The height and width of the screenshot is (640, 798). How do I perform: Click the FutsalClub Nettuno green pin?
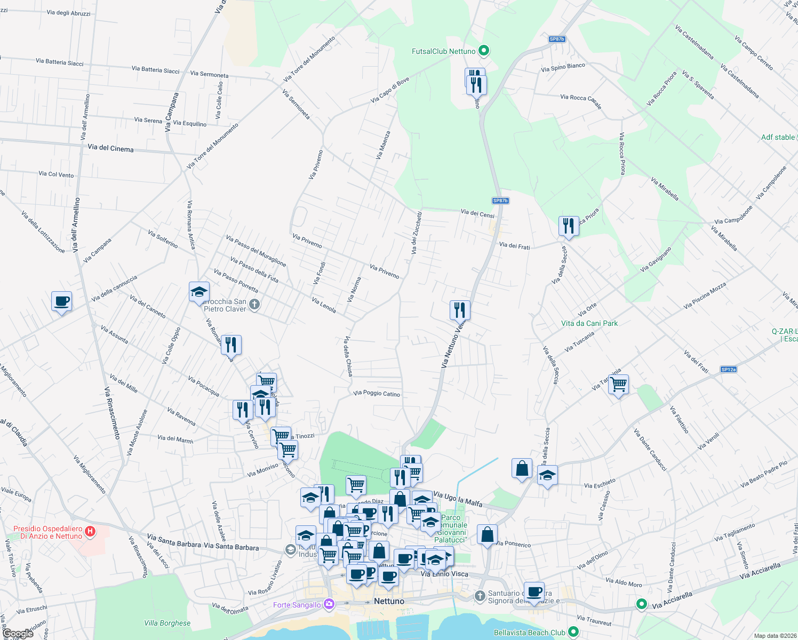pyautogui.click(x=484, y=51)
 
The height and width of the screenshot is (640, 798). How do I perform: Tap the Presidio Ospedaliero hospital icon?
pyautogui.click(x=90, y=531)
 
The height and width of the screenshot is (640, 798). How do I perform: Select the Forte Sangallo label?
pyautogui.click(x=297, y=605)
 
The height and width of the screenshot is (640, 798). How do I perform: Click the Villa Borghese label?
pyautogui.click(x=167, y=623)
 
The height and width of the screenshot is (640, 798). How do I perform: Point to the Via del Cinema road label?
pyautogui.click(x=110, y=148)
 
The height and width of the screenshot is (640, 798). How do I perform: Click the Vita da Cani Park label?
pyautogui.click(x=589, y=323)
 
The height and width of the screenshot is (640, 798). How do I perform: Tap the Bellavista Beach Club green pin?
pyautogui.click(x=573, y=632)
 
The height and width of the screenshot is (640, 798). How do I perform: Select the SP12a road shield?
pyautogui.click(x=728, y=370)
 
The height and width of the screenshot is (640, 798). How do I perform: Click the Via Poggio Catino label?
pyautogui.click(x=377, y=394)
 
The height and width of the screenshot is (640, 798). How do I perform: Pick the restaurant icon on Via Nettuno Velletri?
pyautogui.click(x=459, y=309)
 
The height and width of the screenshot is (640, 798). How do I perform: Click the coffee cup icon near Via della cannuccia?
pyautogui.click(x=62, y=301)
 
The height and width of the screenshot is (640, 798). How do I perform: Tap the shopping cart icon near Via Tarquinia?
pyautogui.click(x=618, y=384)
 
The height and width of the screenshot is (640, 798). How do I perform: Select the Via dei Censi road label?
pyautogui.click(x=477, y=214)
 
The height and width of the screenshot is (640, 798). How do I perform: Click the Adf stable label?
pyautogui.click(x=778, y=137)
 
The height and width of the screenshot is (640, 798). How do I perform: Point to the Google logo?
pyautogui.click(x=18, y=634)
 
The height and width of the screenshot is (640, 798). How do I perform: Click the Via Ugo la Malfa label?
pyautogui.click(x=458, y=499)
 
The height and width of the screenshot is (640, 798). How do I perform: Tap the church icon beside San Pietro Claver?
pyautogui.click(x=254, y=305)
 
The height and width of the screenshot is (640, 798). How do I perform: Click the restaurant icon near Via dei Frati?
pyautogui.click(x=569, y=226)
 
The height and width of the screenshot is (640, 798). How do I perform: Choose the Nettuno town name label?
pyautogui.click(x=389, y=601)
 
